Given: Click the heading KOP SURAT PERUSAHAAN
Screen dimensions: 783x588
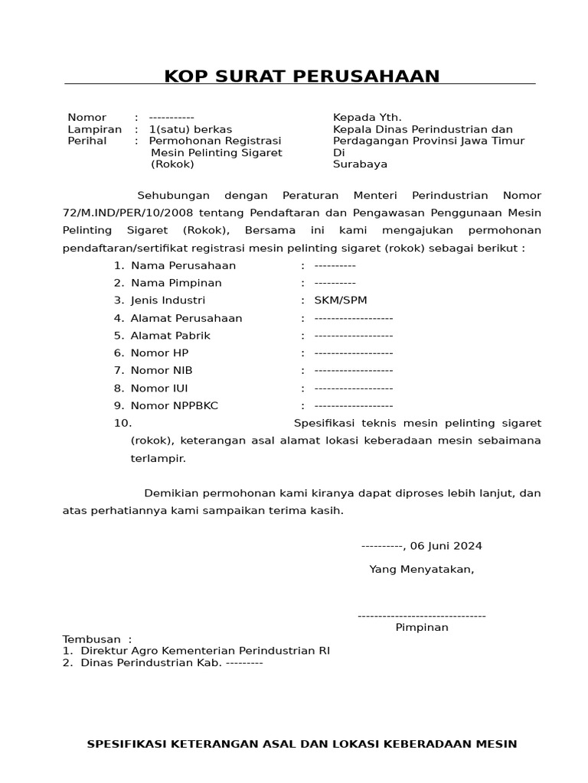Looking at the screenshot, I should [302, 76].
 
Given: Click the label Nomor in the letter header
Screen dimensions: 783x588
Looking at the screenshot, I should [87, 118].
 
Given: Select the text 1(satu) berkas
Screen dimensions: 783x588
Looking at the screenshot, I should [190, 129].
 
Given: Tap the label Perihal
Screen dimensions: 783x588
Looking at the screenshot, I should [87, 141].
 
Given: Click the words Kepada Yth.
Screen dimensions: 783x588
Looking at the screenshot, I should [367, 118].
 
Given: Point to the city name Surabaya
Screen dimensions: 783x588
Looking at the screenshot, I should [360, 164].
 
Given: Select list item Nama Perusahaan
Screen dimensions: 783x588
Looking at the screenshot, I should [183, 265].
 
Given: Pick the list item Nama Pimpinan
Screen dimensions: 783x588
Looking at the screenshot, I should [176, 283].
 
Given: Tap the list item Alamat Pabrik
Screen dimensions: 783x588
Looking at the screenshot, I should [170, 336].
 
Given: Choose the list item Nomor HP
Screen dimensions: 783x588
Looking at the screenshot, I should [159, 353].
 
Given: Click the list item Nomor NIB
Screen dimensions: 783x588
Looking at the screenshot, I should [162, 371].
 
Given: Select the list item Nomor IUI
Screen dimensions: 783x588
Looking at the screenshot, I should [159, 388].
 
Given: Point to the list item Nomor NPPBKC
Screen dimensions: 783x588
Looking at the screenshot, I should [174, 406].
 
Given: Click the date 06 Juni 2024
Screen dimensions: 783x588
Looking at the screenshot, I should [446, 546].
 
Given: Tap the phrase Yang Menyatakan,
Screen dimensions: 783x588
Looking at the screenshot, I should [421, 569].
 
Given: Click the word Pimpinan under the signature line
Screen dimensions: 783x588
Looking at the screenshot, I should [422, 628].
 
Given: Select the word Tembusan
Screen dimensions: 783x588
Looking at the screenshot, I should [92, 639].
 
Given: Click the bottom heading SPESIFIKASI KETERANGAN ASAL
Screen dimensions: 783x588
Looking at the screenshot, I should [302, 744].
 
